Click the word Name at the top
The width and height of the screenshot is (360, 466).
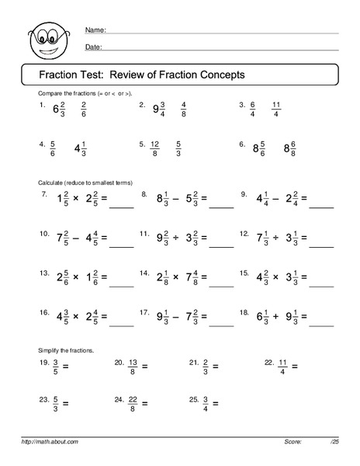(x=94, y=30)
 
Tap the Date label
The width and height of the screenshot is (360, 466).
(x=92, y=47)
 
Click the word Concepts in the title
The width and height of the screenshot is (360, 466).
(x=220, y=75)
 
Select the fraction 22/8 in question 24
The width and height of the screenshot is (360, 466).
(x=134, y=403)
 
